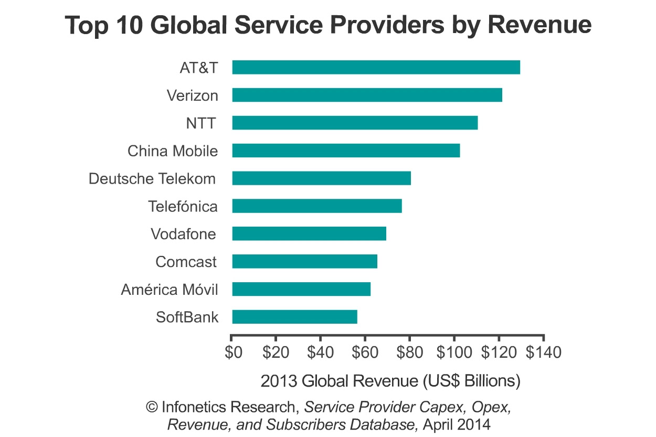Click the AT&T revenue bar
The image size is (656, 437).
pyautogui.click(x=376, y=67)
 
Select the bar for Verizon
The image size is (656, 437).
pyautogui.click(x=367, y=95)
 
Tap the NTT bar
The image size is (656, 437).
pyautogui.click(x=355, y=123)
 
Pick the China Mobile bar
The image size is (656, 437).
pyautogui.click(x=346, y=151)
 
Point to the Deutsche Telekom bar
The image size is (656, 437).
pyautogui.click(x=321, y=178)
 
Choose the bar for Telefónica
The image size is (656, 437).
pyautogui.click(x=317, y=206)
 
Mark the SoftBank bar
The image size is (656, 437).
pyautogui.click(x=294, y=317)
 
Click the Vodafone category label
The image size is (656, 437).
pyautogui.click(x=183, y=234)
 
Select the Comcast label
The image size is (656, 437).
pyautogui.click(x=186, y=262)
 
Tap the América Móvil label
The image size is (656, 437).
pyautogui.click(x=169, y=290)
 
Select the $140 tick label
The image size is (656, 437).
pyautogui.click(x=543, y=352)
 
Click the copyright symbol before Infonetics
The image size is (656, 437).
pyautogui.click(x=152, y=407)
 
